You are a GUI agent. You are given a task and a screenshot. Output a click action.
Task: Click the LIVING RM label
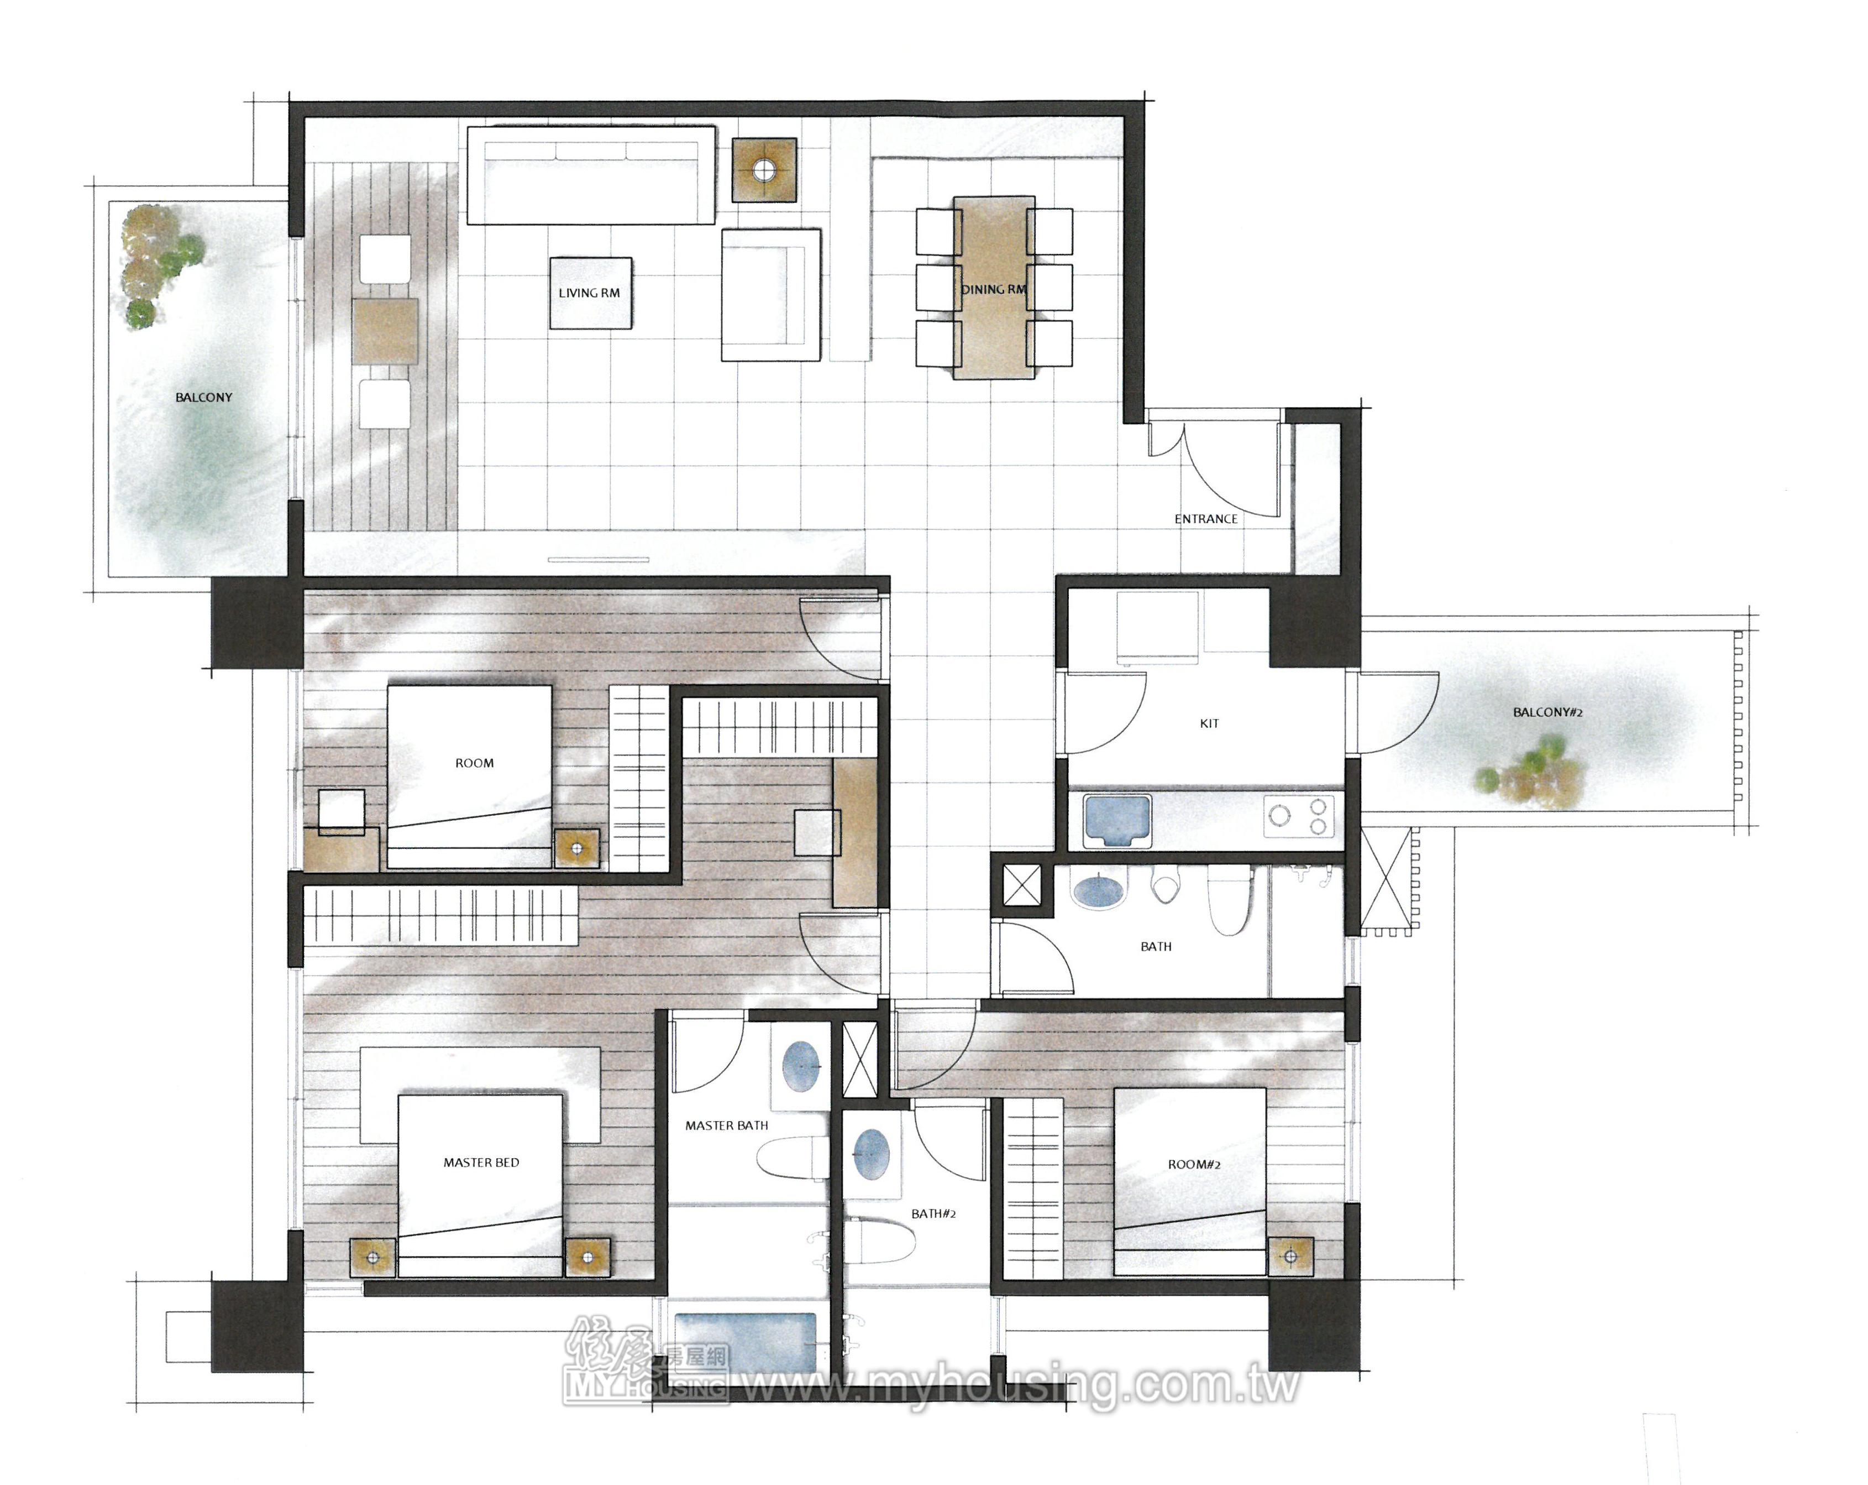(x=589, y=293)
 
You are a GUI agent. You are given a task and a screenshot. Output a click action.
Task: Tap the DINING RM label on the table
(x=994, y=290)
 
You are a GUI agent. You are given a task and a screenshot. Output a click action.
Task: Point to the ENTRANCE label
(x=1206, y=519)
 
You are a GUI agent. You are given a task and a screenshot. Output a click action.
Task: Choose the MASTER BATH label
(x=727, y=1126)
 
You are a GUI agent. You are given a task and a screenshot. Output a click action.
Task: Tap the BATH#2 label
(x=934, y=1213)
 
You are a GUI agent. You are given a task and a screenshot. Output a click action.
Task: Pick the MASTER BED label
(x=482, y=1163)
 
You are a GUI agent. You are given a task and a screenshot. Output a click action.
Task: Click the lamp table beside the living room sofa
(x=764, y=171)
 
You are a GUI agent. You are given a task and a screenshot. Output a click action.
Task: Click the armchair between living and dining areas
(x=771, y=295)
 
